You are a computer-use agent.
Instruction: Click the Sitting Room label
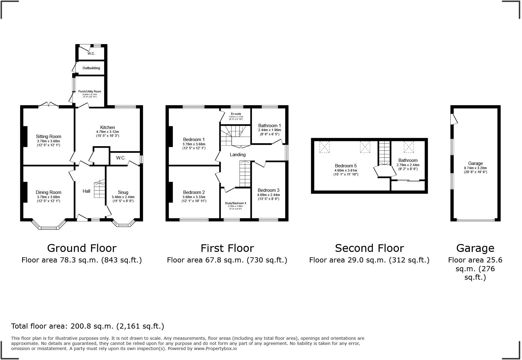[x=48, y=137]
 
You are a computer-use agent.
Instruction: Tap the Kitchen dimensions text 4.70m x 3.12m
[x=108, y=132]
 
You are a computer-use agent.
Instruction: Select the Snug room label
[x=123, y=192]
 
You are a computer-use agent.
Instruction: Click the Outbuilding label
[x=91, y=68]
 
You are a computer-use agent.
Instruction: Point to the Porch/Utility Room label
[x=90, y=92]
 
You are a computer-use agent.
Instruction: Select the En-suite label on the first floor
[x=236, y=114]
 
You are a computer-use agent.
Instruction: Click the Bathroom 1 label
[x=269, y=126]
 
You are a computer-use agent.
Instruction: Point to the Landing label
[x=238, y=155]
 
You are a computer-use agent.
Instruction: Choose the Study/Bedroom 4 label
[x=235, y=203]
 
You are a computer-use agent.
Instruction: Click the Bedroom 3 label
[x=268, y=190]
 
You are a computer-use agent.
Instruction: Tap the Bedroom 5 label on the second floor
[x=346, y=166]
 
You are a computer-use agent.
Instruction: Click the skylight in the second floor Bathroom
[x=409, y=147]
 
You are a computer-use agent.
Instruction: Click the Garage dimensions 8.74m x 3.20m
[x=475, y=168]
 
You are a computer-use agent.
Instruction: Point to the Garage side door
[x=454, y=119]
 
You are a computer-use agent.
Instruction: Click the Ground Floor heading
[x=82, y=248]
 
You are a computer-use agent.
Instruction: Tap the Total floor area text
[x=88, y=326]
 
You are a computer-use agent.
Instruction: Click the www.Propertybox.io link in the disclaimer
[x=215, y=349]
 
